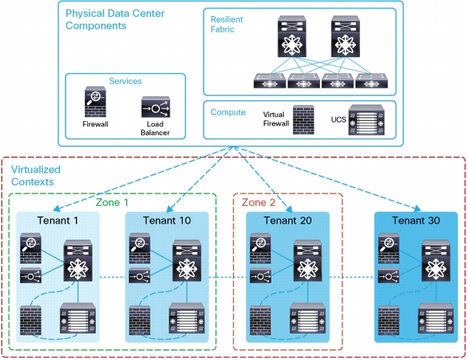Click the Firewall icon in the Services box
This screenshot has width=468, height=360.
pyautogui.click(x=95, y=102)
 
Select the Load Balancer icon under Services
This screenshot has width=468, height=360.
pyautogui.click(x=156, y=107)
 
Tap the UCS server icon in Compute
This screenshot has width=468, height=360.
pyautogui.click(x=366, y=119)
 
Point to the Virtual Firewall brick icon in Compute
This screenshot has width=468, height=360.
pyautogui.click(x=303, y=119)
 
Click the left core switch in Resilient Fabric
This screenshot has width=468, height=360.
pyautogui.click(x=292, y=36)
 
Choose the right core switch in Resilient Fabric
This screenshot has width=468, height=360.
pyautogui.click(x=345, y=36)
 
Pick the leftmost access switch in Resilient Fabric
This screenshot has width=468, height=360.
pyautogui.click(x=270, y=81)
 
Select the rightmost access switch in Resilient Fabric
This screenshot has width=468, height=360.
pyautogui.click(x=372, y=81)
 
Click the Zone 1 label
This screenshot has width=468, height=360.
pyautogui.click(x=112, y=203)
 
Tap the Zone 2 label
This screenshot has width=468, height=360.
pyautogui.click(x=258, y=203)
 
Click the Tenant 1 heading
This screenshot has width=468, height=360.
pyautogui.click(x=58, y=220)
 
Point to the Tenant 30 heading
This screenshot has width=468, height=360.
pyautogui.click(x=416, y=220)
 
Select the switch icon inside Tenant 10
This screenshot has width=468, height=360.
pyautogui.click(x=187, y=261)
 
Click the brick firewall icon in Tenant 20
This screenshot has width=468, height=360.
pyautogui.click(x=261, y=320)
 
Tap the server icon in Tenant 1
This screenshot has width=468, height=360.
pyautogui.click(x=78, y=318)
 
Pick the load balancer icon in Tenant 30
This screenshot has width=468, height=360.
pyautogui.click(x=389, y=276)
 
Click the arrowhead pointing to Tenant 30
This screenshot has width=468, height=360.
pyautogui.click(x=418, y=208)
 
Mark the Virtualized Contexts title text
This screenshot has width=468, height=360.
pyautogui.click(x=35, y=176)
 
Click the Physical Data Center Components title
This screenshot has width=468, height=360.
pyautogui.click(x=115, y=19)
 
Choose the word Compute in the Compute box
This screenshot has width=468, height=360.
pyautogui.click(x=228, y=113)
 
